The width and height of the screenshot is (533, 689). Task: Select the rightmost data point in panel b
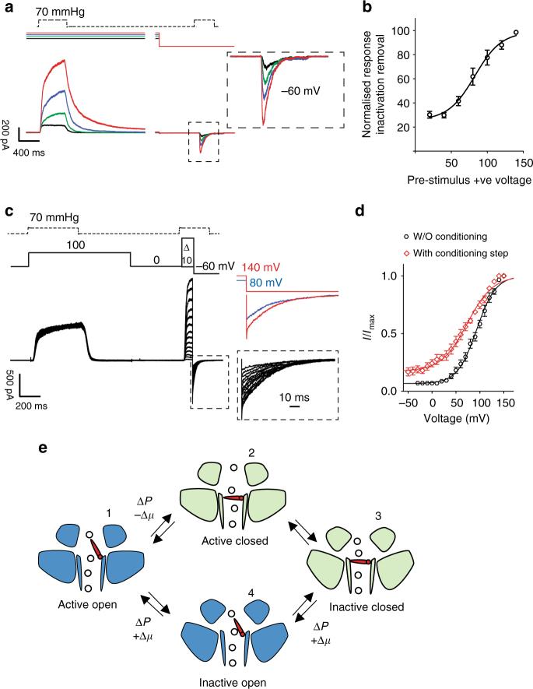tap(516, 33)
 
